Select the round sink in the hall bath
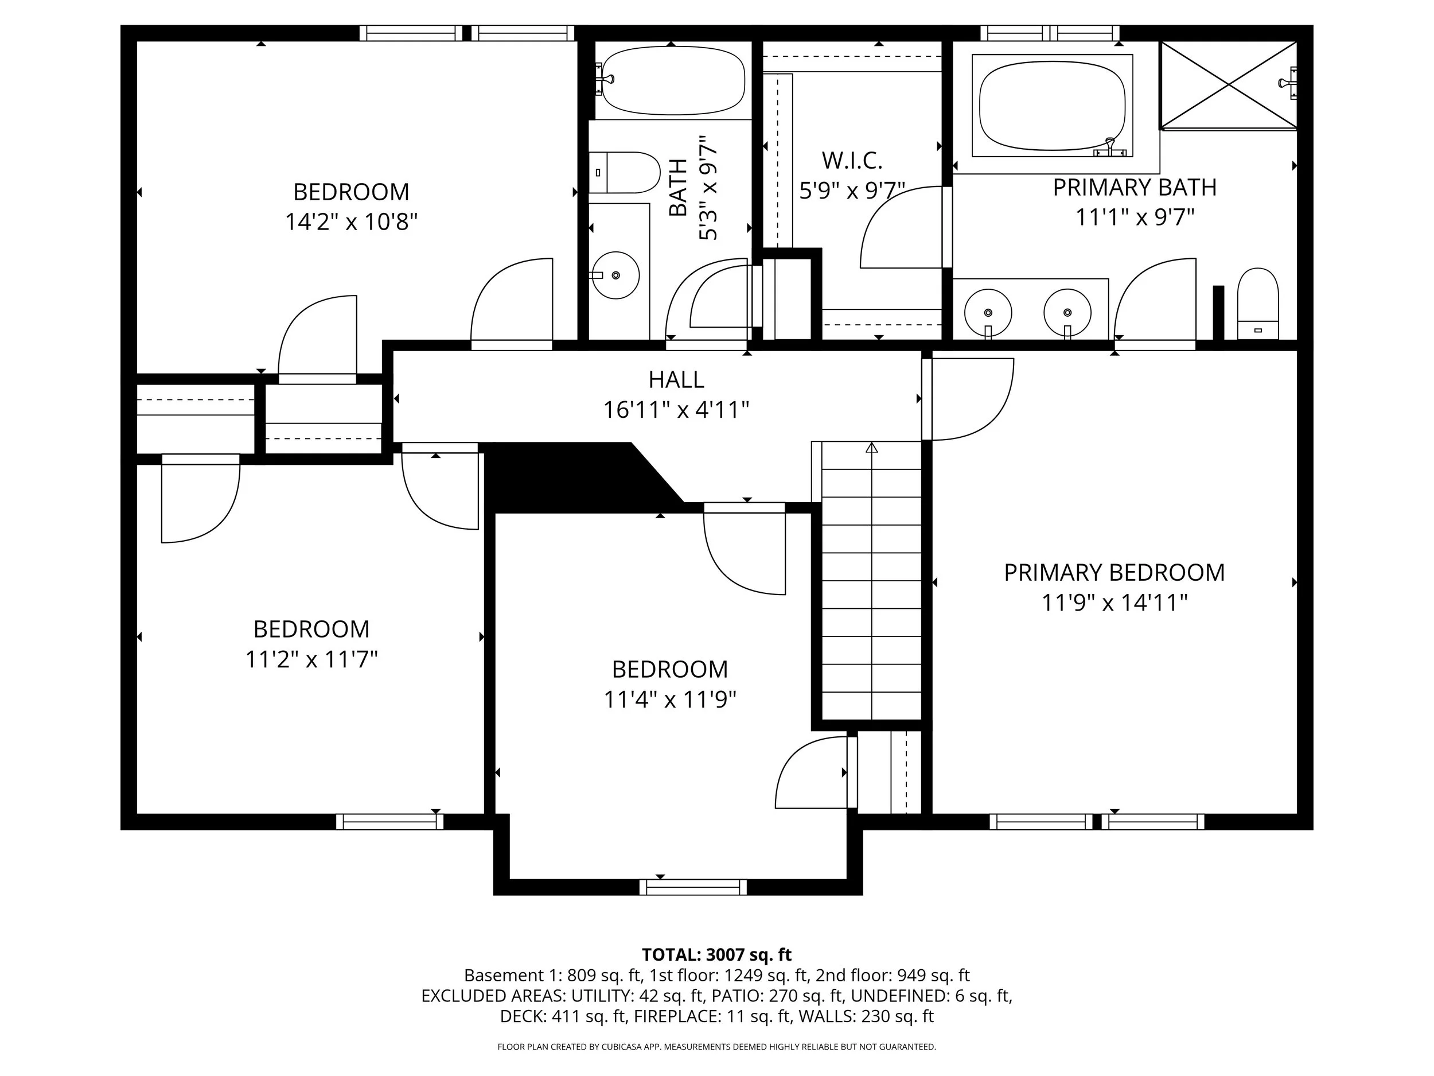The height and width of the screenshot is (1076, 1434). [x=616, y=275]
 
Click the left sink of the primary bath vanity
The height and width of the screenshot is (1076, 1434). [x=987, y=313]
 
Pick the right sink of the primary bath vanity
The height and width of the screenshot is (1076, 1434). [x=1067, y=313]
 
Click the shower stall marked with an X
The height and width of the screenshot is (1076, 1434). [x=1228, y=84]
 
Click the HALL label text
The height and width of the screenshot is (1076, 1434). [x=676, y=379]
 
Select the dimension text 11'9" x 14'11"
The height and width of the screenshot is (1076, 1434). [x=1114, y=603]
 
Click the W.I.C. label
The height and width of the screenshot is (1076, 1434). [x=852, y=160]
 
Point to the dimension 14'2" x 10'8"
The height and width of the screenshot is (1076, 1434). [x=350, y=222]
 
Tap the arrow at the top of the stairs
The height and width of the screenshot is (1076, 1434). [x=872, y=448]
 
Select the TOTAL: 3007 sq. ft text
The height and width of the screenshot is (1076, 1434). [x=716, y=955]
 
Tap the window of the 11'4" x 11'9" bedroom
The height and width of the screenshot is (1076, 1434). [x=692, y=887]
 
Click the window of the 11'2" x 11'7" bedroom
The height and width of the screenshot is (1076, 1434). [x=389, y=822]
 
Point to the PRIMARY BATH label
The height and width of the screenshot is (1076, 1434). [x=1134, y=188]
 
